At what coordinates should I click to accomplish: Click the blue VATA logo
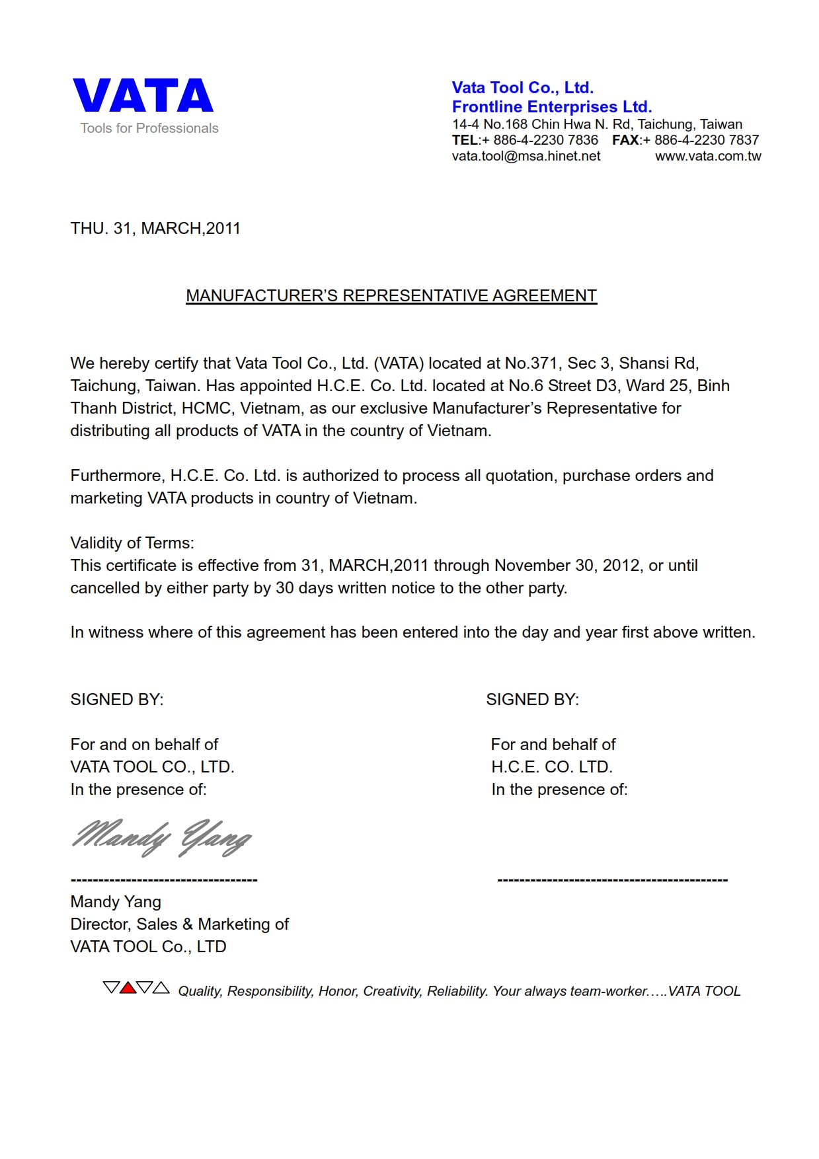pos(143,96)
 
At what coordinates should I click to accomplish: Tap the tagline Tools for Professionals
pos(149,128)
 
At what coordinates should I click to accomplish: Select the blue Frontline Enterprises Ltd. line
pos(551,107)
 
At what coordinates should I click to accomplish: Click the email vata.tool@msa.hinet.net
pos(526,157)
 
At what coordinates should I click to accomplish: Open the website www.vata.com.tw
pos(708,157)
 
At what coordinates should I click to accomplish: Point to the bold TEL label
pos(465,140)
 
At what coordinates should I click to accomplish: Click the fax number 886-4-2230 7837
pos(706,140)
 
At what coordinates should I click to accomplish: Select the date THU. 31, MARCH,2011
pos(155,229)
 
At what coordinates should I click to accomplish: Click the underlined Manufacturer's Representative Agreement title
pos(391,296)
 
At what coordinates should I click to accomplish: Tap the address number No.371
pos(531,363)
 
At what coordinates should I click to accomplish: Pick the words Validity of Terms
pos(132,543)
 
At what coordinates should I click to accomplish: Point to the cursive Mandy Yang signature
pos(161,838)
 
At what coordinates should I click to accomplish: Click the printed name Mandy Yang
pos(116,902)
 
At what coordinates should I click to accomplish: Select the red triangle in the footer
pos(128,989)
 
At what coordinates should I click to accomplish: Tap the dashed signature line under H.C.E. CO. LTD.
pos(612,880)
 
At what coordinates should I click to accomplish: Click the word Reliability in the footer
pos(457,991)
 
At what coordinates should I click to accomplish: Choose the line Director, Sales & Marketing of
pos(179,924)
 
